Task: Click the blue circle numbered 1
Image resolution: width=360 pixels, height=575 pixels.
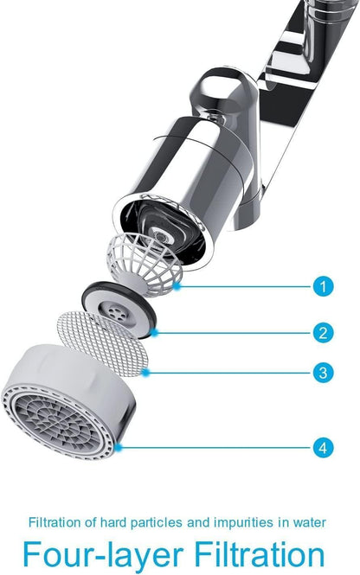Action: coord(321,286)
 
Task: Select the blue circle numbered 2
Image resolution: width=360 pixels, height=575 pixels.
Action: coord(321,332)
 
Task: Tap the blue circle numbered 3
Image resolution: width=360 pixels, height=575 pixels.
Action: coord(321,374)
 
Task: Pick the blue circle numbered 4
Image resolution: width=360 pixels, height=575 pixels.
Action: coord(321,448)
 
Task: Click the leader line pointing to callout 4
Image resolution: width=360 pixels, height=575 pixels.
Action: coord(216,448)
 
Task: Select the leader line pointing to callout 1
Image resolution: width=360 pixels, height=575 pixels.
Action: coord(242,286)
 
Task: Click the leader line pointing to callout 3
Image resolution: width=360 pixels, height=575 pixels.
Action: coord(229,374)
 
